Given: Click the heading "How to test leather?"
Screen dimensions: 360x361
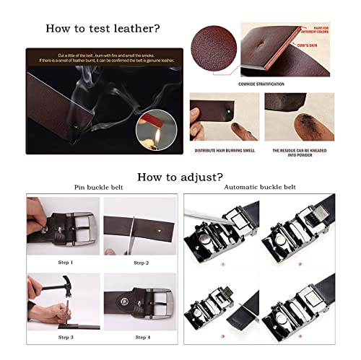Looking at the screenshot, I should (x=103, y=29).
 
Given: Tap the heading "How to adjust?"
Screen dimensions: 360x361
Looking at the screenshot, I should (x=180, y=175).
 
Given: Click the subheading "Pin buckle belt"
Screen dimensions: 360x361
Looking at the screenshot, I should (x=98, y=188).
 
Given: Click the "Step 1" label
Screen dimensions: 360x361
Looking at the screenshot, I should (x=65, y=262).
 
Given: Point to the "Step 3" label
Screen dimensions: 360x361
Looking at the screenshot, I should (x=65, y=336).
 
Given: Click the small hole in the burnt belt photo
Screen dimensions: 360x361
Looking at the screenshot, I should (x=229, y=113).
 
